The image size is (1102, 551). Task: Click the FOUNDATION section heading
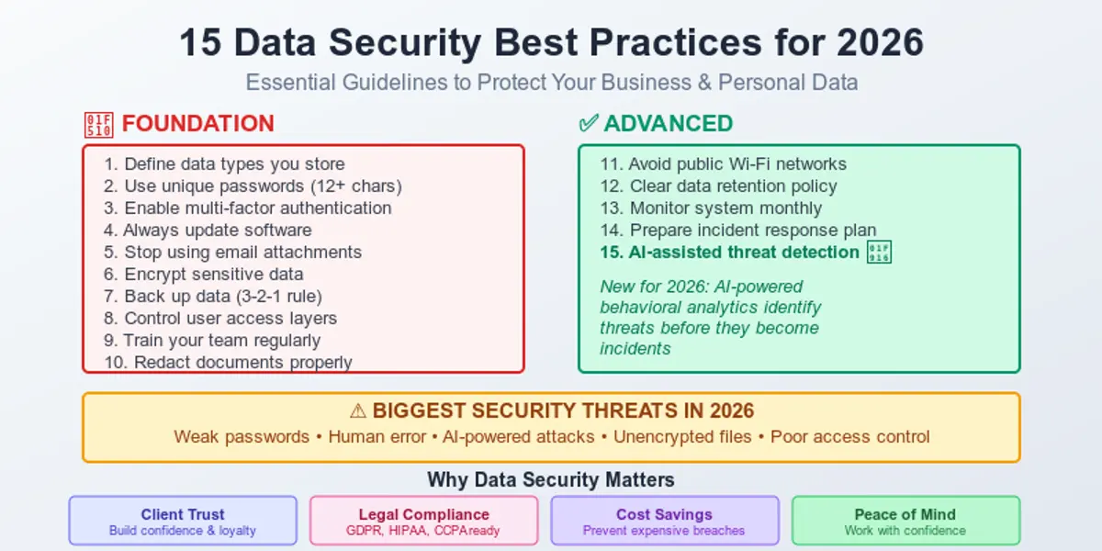click(197, 124)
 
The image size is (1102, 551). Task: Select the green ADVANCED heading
click(668, 124)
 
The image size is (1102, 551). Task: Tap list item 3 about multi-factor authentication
click(248, 208)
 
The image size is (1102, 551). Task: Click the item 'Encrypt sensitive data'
click(204, 275)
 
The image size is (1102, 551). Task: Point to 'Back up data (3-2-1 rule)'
click(213, 297)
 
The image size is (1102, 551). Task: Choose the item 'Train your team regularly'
click(212, 341)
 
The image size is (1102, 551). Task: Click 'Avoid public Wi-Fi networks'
click(724, 164)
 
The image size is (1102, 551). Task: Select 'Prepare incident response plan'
click(738, 231)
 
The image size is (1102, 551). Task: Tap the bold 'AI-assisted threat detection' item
click(730, 253)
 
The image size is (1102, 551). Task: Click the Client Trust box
click(183, 521)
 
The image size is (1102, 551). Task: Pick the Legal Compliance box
click(423, 521)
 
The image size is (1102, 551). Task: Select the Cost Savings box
click(664, 521)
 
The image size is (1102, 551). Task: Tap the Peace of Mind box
click(905, 521)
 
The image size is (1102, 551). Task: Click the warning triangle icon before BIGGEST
click(358, 411)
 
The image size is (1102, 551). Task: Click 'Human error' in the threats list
click(377, 437)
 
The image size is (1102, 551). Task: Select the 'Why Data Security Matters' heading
click(551, 479)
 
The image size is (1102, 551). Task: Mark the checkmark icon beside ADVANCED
click(589, 124)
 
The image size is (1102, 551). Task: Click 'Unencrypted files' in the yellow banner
click(682, 437)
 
